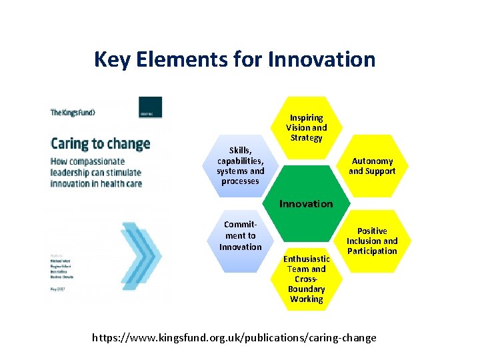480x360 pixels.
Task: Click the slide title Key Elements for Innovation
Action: [235, 59]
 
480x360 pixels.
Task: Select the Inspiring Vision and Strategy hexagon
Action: [306, 127]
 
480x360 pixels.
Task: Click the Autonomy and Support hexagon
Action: [373, 166]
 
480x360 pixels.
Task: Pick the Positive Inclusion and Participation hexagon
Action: [371, 241]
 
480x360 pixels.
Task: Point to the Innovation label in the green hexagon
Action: [306, 204]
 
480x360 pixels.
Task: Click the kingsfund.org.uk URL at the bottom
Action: [234, 337]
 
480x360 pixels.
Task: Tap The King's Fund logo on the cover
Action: [73, 113]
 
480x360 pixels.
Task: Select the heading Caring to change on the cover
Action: [101, 143]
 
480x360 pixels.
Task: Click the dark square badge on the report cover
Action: [150, 107]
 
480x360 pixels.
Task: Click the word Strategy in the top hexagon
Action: [306, 138]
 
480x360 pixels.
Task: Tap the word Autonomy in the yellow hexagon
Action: [373, 161]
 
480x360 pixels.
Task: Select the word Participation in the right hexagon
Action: [371, 251]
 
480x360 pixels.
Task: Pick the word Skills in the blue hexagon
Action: [240, 151]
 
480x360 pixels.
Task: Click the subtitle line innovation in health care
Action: [96, 184]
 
